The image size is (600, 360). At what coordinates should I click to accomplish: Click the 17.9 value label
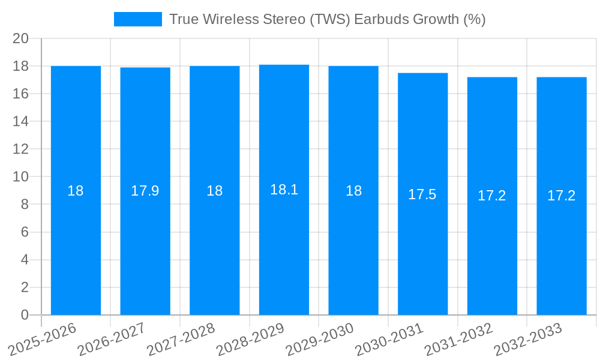point(145,191)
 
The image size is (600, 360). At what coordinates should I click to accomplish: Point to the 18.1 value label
point(284,190)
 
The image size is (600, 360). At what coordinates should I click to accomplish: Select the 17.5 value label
point(422,194)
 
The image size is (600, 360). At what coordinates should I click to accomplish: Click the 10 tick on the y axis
point(20,177)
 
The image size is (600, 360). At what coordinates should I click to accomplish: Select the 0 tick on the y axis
point(25,315)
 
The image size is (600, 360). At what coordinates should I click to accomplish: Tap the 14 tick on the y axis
point(20,121)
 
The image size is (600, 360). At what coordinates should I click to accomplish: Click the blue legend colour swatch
point(137,19)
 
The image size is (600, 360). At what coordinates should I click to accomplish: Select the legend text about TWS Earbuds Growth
point(327,19)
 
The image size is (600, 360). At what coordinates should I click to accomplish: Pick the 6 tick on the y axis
point(25,232)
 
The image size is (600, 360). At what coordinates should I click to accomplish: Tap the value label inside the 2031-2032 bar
point(492,196)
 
